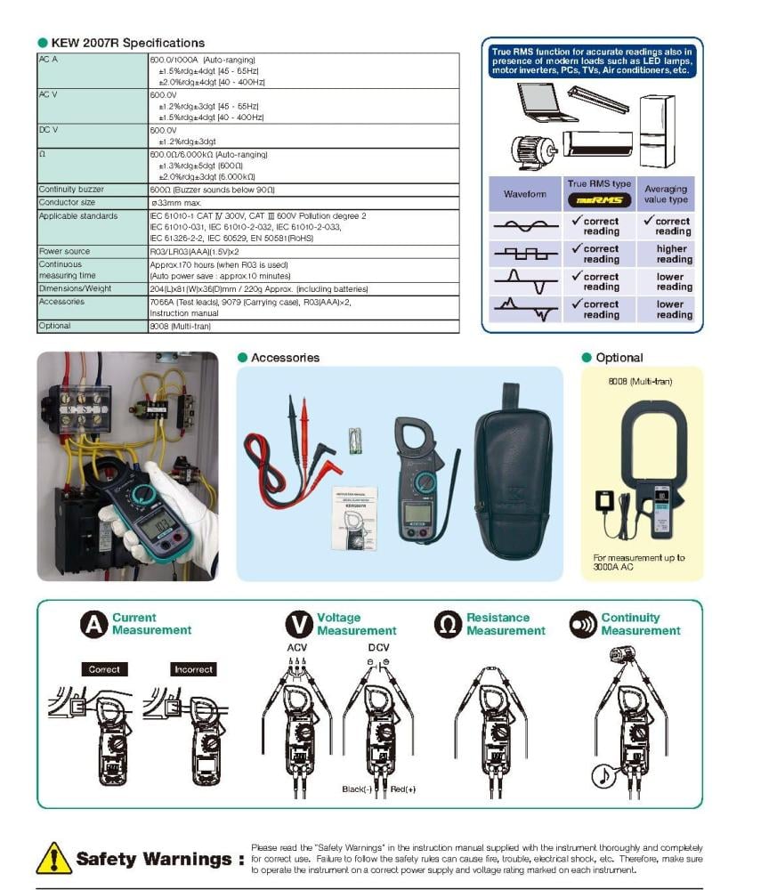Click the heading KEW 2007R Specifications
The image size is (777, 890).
(127, 43)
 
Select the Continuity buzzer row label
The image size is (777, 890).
(71, 190)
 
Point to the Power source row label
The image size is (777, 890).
(64, 251)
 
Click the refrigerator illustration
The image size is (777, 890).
(657, 130)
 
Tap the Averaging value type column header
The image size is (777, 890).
(666, 194)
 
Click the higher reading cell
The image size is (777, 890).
(672, 254)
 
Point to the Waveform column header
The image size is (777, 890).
(525, 194)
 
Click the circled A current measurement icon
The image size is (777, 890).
(93, 624)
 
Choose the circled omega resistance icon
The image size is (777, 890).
(448, 624)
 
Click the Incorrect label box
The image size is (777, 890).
(193, 669)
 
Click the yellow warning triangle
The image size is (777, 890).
(54, 859)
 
